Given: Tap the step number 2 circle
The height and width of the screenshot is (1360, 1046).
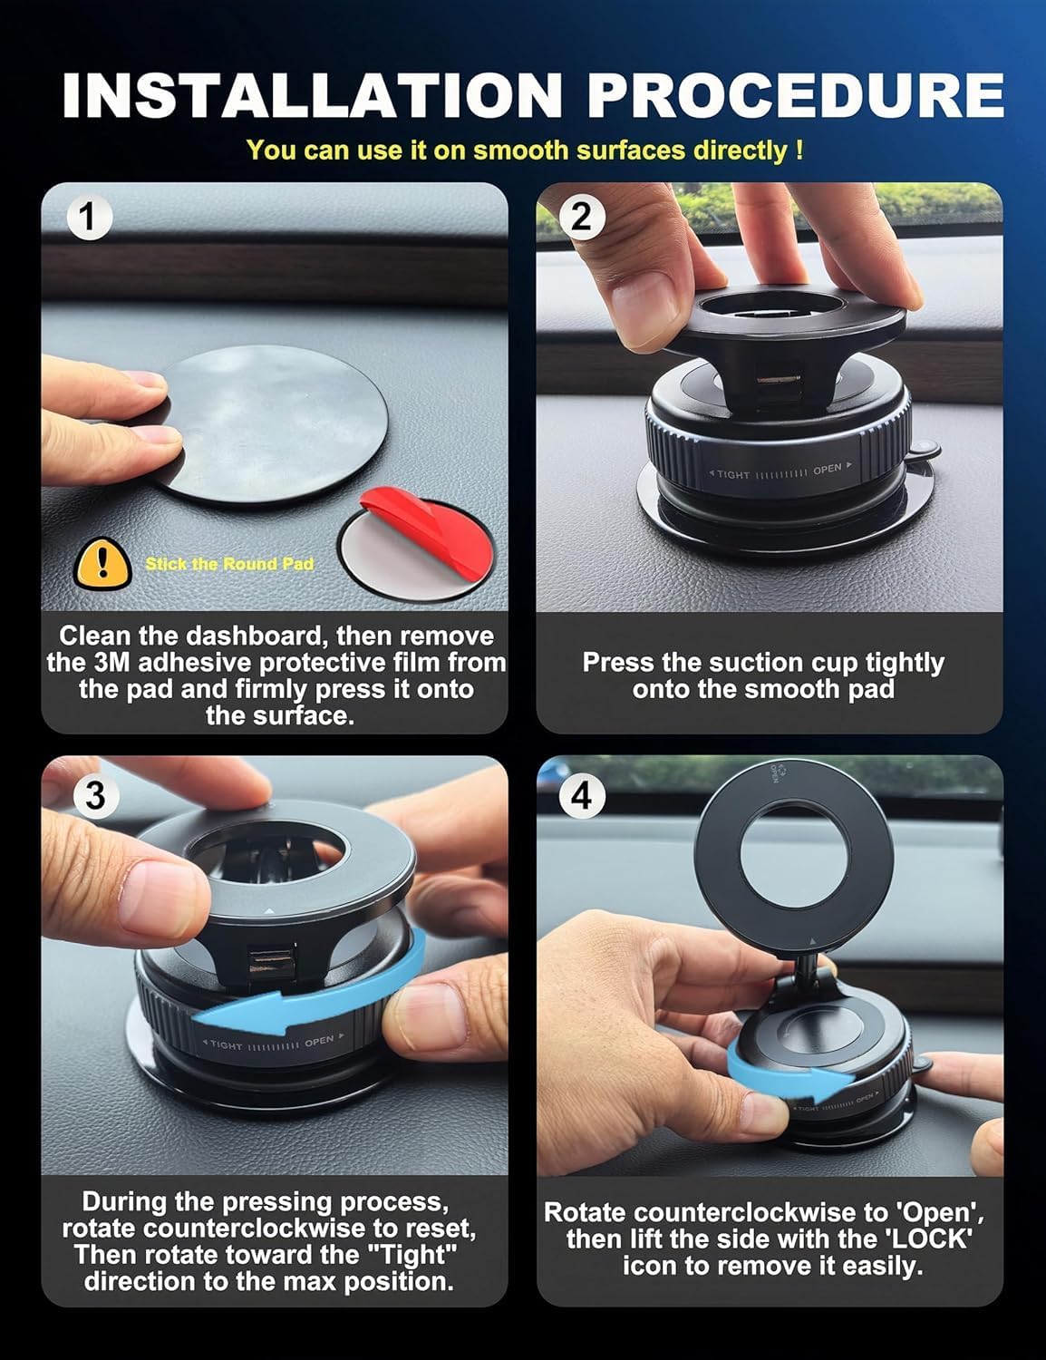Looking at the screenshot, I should pos(581,219).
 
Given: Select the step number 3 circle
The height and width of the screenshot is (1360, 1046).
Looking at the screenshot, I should pos(94,795).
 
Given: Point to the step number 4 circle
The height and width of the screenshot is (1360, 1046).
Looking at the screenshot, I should pos(581,795).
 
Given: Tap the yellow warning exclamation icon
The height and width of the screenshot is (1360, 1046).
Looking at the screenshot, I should pos(102,563).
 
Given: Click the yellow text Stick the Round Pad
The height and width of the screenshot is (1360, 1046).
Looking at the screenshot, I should pos(229,564).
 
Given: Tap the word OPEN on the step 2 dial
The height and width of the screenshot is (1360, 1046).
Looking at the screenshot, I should pos(827,469).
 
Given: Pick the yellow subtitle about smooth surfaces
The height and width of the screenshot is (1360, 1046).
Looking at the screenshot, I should pos(524,150).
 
